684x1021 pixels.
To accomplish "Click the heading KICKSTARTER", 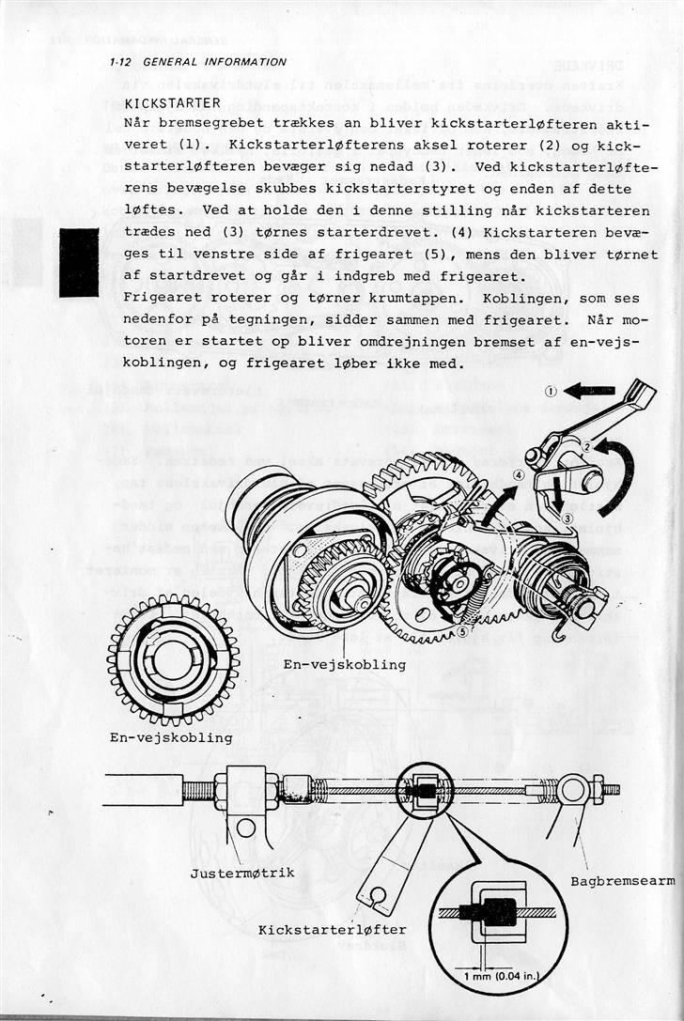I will pyautogui.click(x=172, y=102).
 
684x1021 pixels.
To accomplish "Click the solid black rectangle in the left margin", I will pyautogui.click(x=79, y=262).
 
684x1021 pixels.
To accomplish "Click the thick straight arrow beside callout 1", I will pyautogui.click(x=589, y=390).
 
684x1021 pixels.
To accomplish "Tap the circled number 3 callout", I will pyautogui.click(x=567, y=518).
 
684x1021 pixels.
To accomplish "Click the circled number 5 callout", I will pyautogui.click(x=463, y=631).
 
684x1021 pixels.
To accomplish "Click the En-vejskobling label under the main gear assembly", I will pyautogui.click(x=344, y=665).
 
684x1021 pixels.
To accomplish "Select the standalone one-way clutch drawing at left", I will pyautogui.click(x=173, y=657).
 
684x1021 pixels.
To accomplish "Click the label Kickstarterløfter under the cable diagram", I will pyautogui.click(x=332, y=930).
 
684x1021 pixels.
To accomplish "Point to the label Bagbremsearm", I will pyautogui.click(x=622, y=881).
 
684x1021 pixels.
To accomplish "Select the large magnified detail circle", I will pyautogui.click(x=498, y=917).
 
